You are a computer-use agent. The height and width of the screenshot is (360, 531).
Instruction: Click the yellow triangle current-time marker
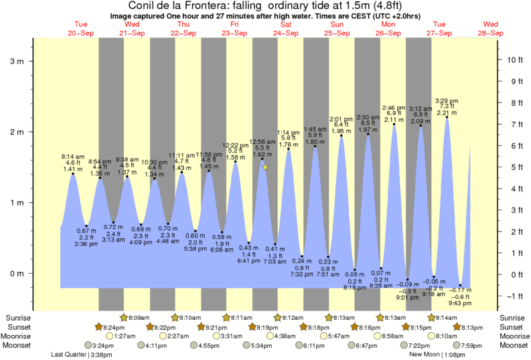(266, 168)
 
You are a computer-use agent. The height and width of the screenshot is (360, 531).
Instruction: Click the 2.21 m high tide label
(447, 113)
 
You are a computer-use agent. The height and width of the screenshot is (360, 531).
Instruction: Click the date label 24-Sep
(286, 33)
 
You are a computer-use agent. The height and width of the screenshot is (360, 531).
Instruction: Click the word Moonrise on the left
(18, 336)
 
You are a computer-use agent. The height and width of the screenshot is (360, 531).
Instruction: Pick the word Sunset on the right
(514, 327)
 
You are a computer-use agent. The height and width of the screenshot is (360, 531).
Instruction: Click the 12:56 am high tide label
(262, 141)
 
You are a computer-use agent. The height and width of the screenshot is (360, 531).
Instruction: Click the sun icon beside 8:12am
(277, 317)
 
